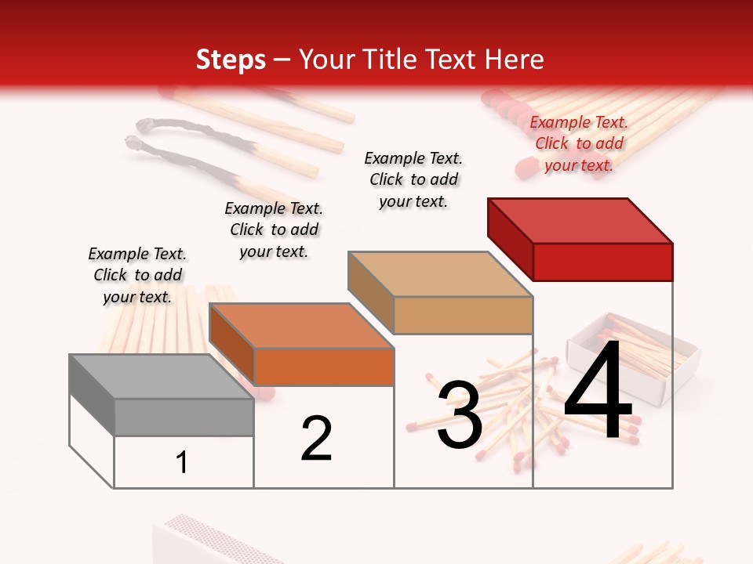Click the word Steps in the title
(231, 60)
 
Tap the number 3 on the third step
(460, 414)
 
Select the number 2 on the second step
(317, 438)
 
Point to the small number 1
(182, 463)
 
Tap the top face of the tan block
(439, 274)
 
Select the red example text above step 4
(579, 143)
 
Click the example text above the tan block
(413, 179)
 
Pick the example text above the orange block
(274, 230)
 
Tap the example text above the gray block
(137, 275)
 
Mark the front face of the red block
(602, 262)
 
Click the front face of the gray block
(184, 418)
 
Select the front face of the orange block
(324, 367)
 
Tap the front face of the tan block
(463, 315)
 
